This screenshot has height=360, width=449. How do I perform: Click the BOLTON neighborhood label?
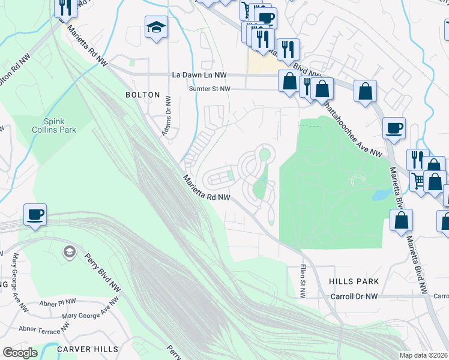pyautogui.click(x=142, y=95)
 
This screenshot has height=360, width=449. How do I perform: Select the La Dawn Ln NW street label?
pyautogui.click(x=199, y=75)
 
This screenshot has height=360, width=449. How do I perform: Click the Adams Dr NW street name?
pyautogui.click(x=167, y=116)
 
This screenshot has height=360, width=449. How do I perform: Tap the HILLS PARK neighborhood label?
pyautogui.click(x=354, y=281)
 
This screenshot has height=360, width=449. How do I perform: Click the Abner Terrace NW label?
pyautogui.click(x=44, y=329)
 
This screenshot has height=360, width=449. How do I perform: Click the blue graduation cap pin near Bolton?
pyautogui.click(x=156, y=27)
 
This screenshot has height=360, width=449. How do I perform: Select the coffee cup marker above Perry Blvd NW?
pyautogui.click(x=35, y=214)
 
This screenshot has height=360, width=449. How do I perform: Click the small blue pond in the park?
pyautogui.click(x=379, y=194)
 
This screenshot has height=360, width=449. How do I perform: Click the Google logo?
pyautogui.click(x=20, y=353)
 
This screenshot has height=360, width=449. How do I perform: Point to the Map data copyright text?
pyautogui.click(x=423, y=355)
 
